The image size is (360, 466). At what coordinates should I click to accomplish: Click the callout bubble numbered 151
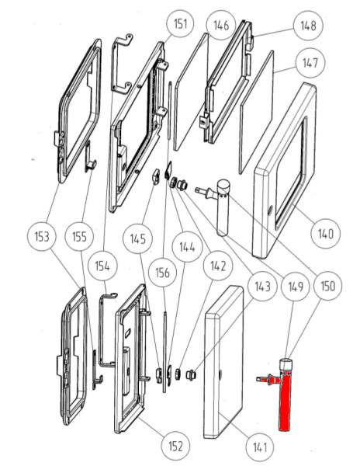point(181,24)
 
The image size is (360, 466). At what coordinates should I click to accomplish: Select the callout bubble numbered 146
point(221,26)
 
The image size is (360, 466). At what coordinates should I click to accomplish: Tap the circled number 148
point(308,26)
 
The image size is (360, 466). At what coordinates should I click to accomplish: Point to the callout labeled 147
point(310,63)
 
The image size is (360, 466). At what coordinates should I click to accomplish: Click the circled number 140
point(326,235)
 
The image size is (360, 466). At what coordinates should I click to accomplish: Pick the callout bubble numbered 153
point(42,237)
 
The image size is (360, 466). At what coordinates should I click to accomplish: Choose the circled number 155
point(79,237)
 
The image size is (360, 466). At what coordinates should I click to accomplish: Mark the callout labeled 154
point(102,266)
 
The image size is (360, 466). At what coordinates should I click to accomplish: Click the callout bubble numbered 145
point(137,239)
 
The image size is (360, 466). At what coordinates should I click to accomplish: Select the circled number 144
point(187,247)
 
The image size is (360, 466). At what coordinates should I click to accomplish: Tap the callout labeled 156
point(162,273)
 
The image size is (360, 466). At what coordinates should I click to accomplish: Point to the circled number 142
point(218,266)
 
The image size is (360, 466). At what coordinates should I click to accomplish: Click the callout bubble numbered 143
point(263,287)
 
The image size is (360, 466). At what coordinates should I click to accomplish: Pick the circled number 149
point(296,287)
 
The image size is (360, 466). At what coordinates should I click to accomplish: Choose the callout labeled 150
point(327,286)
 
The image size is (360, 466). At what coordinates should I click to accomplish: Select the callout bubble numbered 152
point(175,446)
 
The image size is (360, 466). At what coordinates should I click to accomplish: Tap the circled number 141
point(260,447)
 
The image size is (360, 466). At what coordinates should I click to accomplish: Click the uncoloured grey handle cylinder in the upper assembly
point(223,208)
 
